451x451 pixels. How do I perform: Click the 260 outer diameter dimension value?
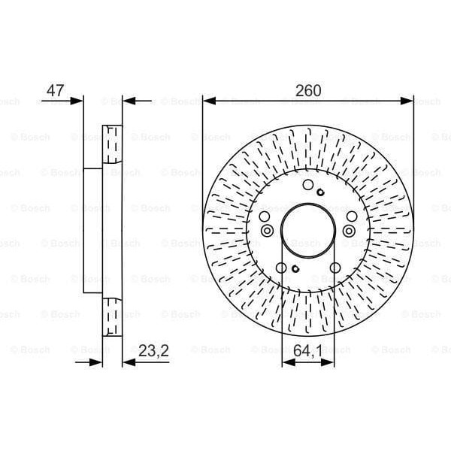(308, 90)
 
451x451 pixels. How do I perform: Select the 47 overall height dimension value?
(55, 90)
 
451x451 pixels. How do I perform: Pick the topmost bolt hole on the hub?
(307, 186)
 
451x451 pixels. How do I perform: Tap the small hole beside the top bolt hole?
(320, 193)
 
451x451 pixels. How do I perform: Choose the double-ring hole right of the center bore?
(350, 230)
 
